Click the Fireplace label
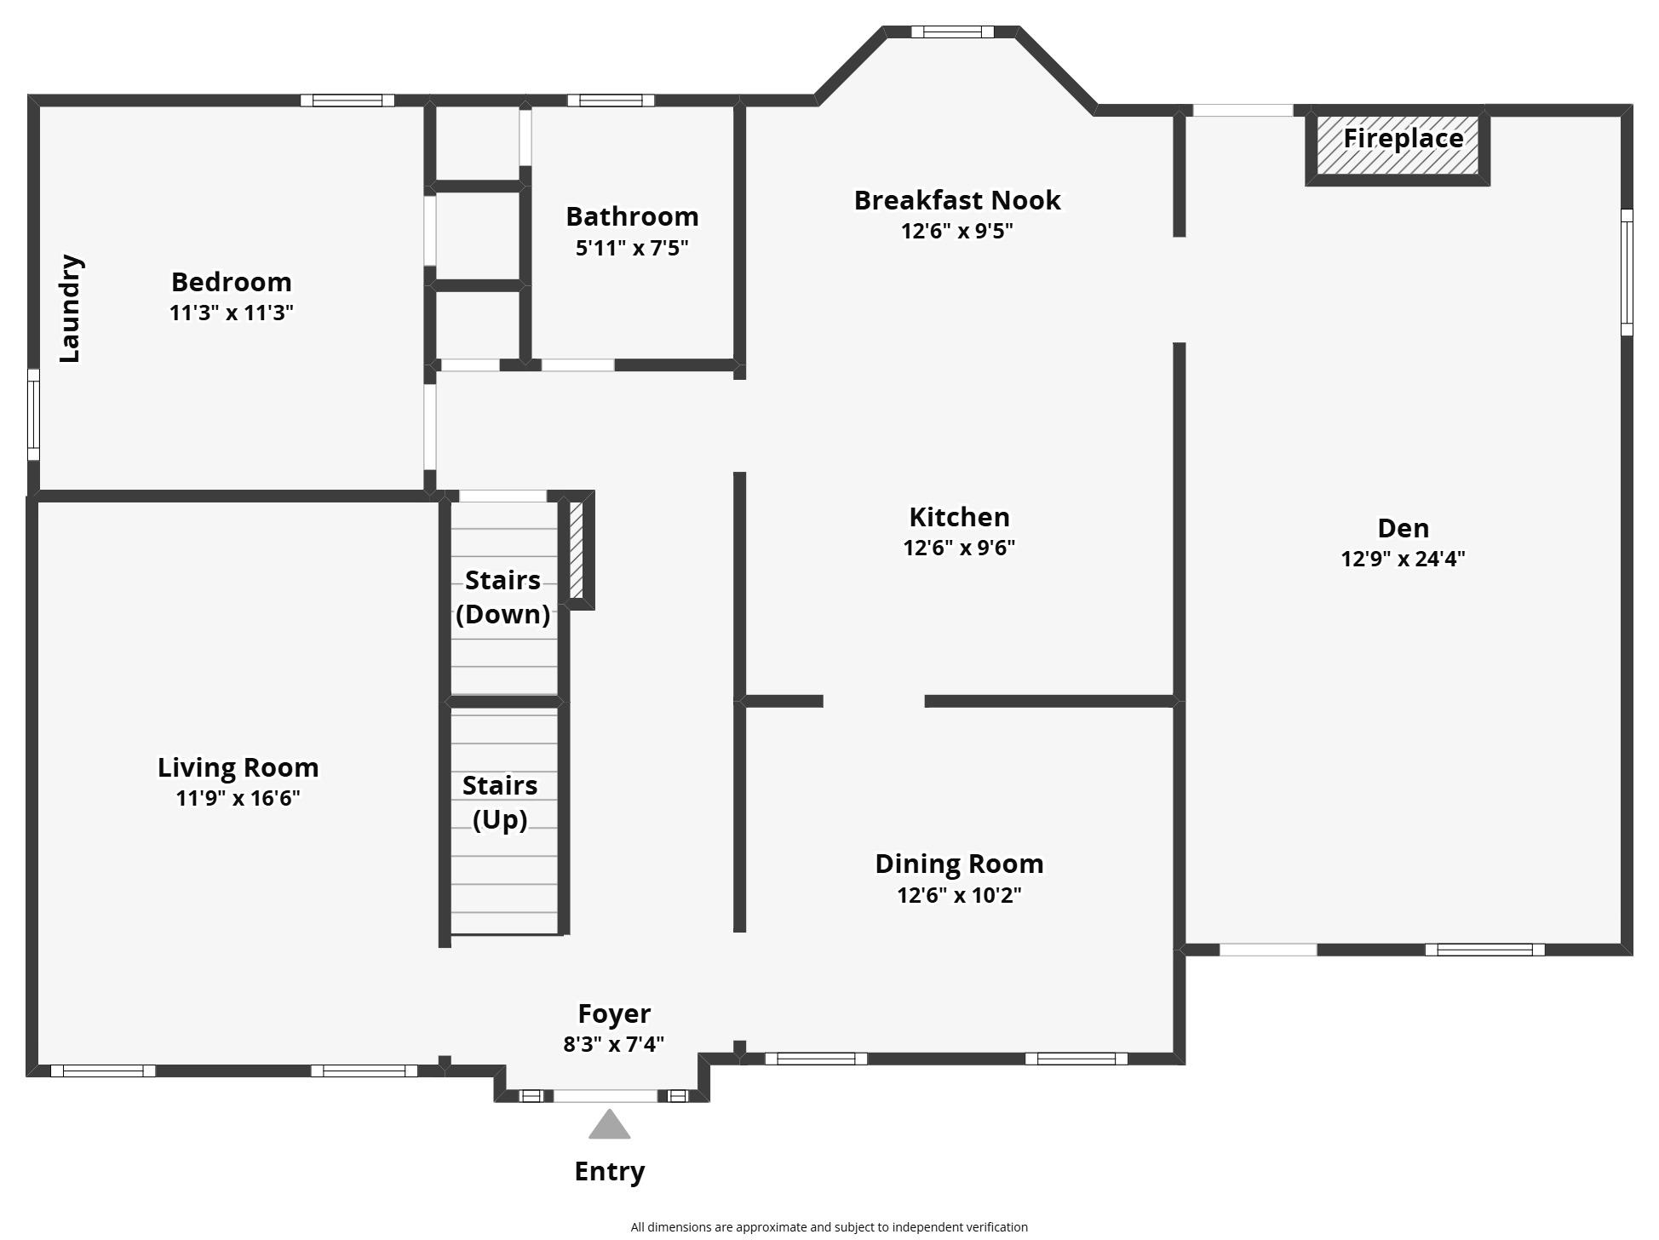coord(1403,138)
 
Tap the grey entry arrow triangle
coord(609,1125)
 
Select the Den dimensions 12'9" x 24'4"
coord(1403,559)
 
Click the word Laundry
coord(70,308)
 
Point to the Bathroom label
coord(632,216)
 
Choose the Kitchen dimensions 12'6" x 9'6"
coord(959,548)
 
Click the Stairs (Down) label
coord(502,597)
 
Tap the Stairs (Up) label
coord(500,801)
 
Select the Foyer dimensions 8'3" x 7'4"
coord(613,1044)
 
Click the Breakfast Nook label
coord(957,200)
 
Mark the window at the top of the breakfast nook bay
coord(952,32)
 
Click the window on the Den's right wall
coord(1626,273)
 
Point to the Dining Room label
coord(959,864)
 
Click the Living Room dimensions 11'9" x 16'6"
coord(238,798)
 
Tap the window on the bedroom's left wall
coord(34,415)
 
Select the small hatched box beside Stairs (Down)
coord(577,550)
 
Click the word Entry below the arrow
coord(609,1171)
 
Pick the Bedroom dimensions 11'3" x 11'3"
coord(231,313)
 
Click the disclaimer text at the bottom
coord(829,1227)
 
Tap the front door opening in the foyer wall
coord(606,1096)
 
